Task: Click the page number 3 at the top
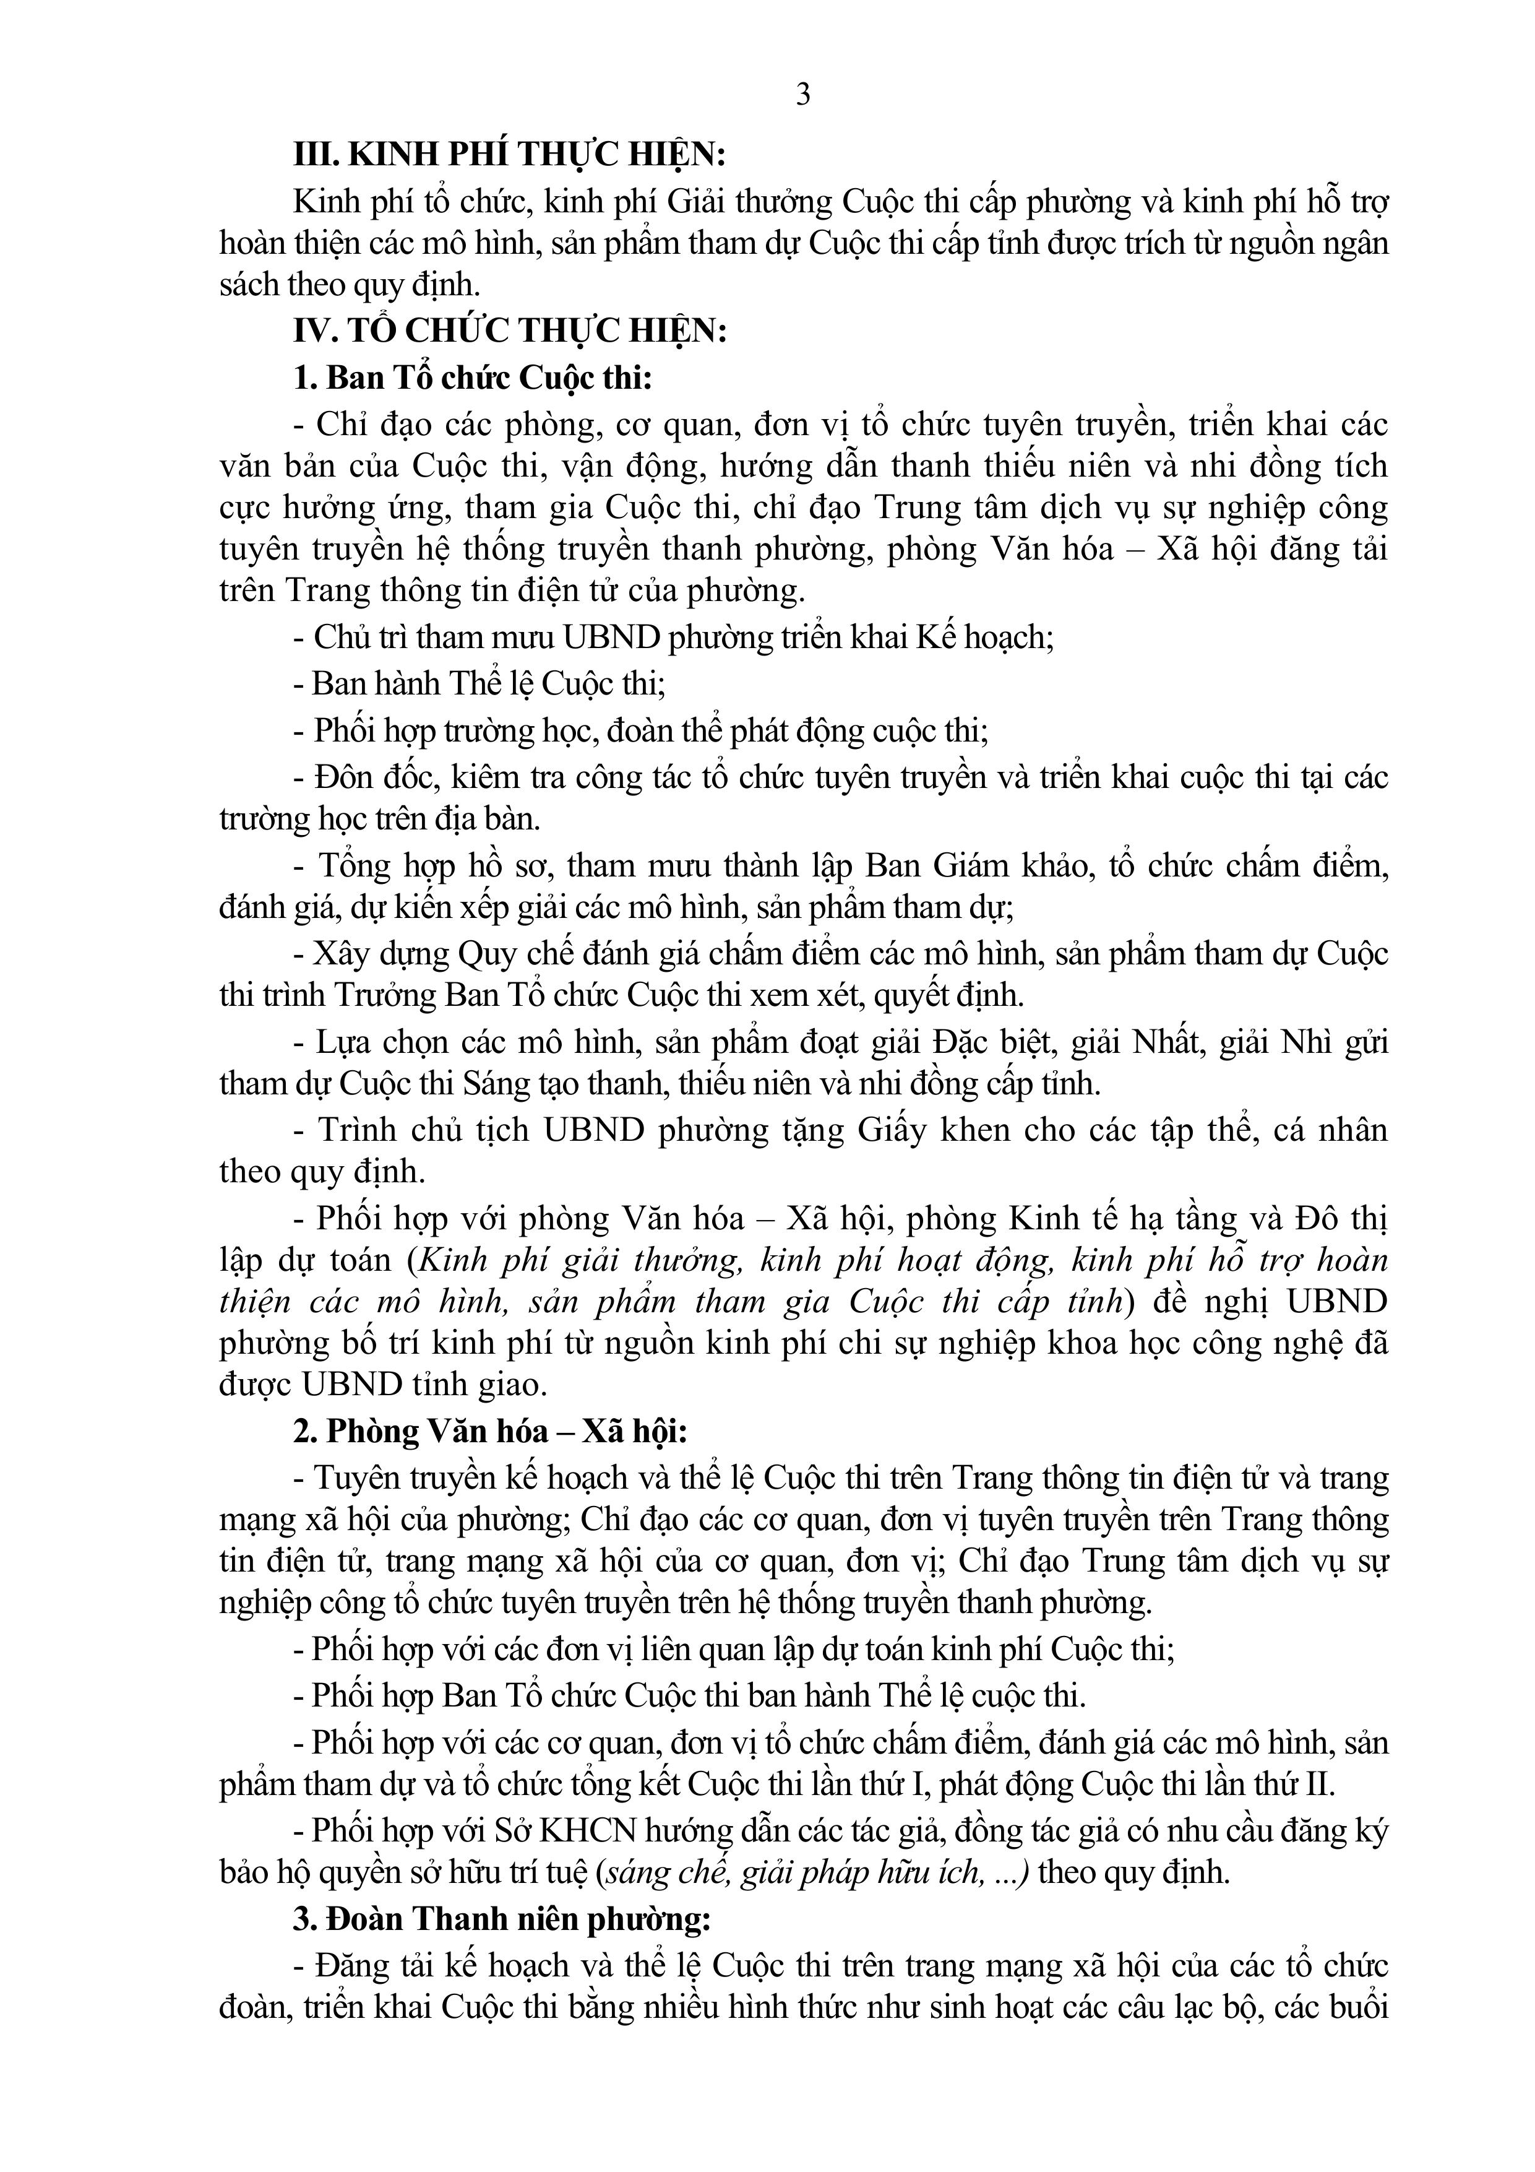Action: pyautogui.click(x=803, y=95)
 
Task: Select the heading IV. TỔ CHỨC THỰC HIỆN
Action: pyautogui.click(x=510, y=331)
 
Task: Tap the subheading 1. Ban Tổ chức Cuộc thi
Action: pyautogui.click(x=473, y=378)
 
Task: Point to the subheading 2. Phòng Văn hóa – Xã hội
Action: pyautogui.click(x=490, y=1431)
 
